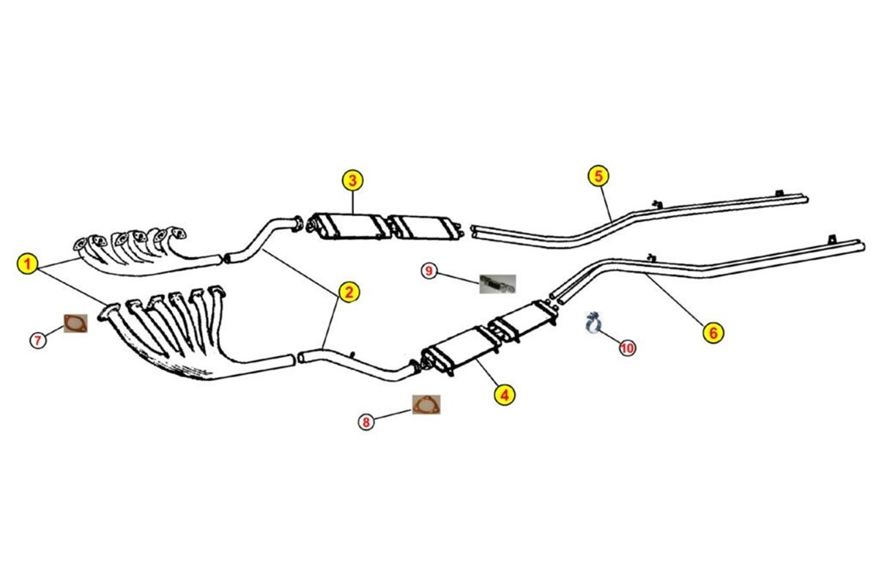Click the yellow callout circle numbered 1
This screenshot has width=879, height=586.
pyautogui.click(x=28, y=264)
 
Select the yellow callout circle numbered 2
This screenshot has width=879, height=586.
pyautogui.click(x=349, y=292)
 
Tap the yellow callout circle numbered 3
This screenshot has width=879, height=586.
pyautogui.click(x=352, y=180)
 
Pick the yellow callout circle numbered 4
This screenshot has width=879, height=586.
pyautogui.click(x=505, y=395)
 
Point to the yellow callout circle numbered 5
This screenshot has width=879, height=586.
pyautogui.click(x=598, y=177)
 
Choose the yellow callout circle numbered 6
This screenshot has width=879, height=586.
pyautogui.click(x=713, y=333)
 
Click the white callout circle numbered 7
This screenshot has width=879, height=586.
pyautogui.click(x=37, y=340)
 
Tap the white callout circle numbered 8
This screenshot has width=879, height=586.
pyautogui.click(x=366, y=423)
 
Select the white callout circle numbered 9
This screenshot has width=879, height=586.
pyautogui.click(x=429, y=271)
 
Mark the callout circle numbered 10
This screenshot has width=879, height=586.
pyautogui.click(x=627, y=348)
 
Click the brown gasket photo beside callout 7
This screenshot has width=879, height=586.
pyautogui.click(x=75, y=324)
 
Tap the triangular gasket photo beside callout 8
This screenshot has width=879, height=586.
pyautogui.click(x=426, y=404)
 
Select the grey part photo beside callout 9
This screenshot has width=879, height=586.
pyautogui.click(x=497, y=283)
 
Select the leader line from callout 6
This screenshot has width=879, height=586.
pyautogui.click(x=675, y=300)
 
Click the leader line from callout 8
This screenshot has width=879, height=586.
pyautogui.click(x=393, y=415)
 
